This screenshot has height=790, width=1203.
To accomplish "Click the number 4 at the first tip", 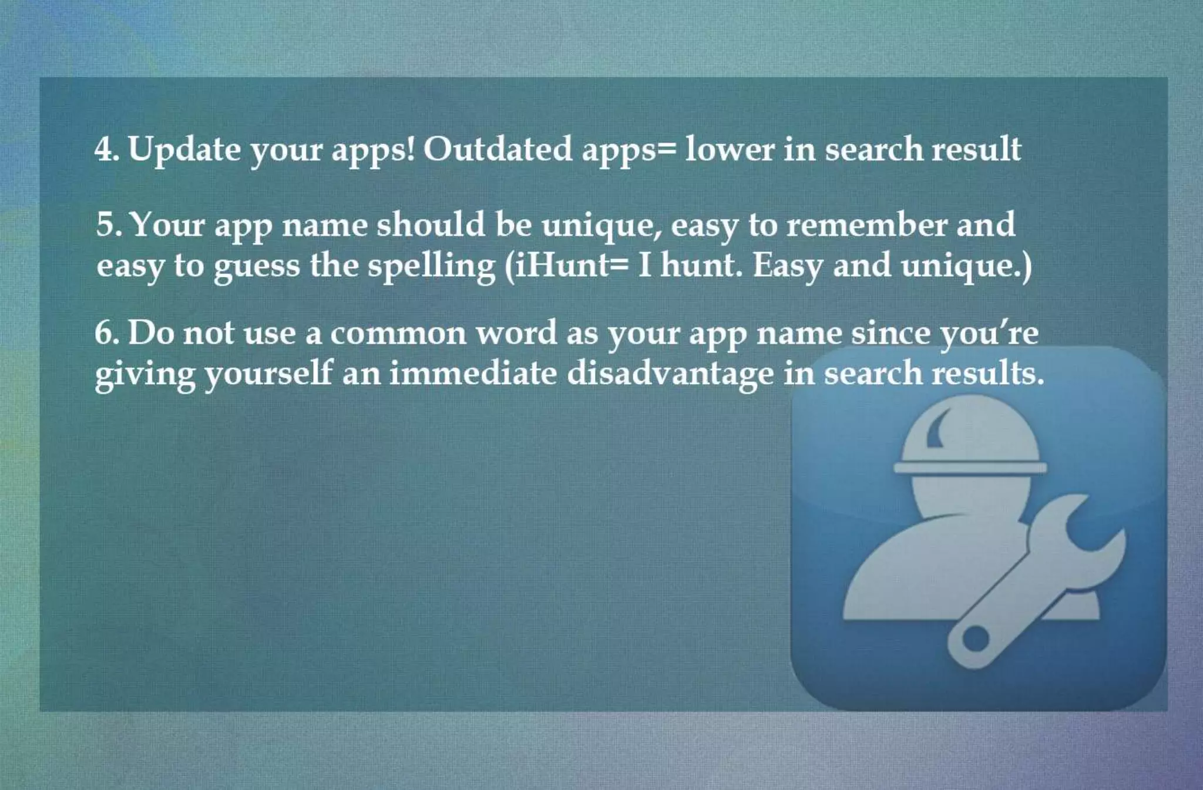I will point(103,149).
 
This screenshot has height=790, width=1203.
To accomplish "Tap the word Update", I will point(184,149).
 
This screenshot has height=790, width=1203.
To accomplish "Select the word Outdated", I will point(498,149).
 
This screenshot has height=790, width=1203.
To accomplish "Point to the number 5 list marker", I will point(106,225).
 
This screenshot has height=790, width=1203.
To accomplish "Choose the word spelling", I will point(432,266).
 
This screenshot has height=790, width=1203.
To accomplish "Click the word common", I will point(398,333).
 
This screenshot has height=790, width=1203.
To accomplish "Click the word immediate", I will point(473,374).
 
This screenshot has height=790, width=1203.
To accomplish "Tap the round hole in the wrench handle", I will point(975,638).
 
